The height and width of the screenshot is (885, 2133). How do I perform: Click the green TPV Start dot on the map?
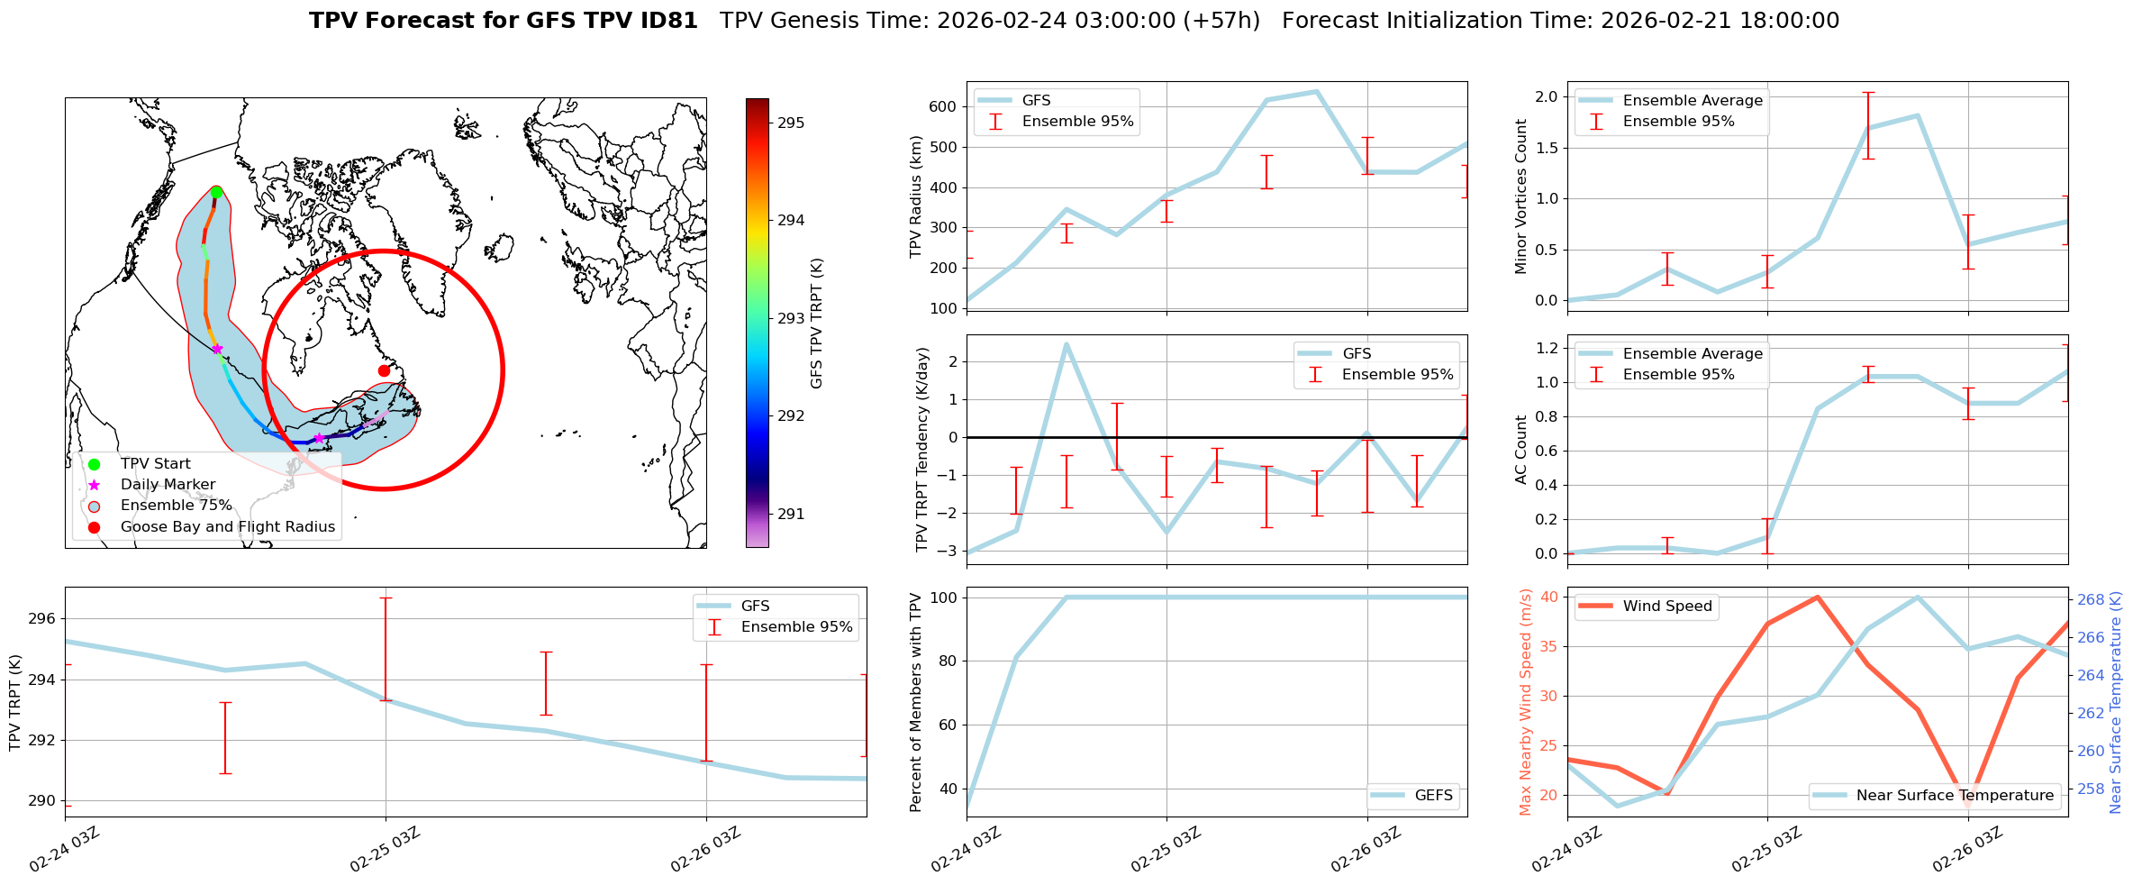tap(216, 192)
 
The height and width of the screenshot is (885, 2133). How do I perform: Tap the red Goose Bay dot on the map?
tap(384, 370)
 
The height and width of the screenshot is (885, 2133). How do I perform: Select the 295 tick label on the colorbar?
tap(791, 123)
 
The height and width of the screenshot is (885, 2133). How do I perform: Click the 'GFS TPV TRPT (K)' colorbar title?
tap(817, 323)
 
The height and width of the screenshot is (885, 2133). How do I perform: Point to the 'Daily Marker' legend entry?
tap(168, 485)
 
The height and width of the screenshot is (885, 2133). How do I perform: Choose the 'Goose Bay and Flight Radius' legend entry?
tap(227, 527)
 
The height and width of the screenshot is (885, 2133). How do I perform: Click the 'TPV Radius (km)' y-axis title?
tap(916, 196)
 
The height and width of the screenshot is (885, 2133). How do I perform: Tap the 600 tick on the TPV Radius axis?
tap(943, 106)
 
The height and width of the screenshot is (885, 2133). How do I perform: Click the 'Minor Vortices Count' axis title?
tap(1521, 196)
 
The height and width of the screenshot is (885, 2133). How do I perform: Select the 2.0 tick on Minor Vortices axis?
tap(1546, 96)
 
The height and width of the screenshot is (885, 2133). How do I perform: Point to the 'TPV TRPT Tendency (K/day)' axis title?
tap(921, 450)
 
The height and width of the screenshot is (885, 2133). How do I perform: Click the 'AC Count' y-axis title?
tap(1521, 450)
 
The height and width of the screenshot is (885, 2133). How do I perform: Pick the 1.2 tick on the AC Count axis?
tap(1546, 348)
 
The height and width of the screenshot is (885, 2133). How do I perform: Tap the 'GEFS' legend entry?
tap(1433, 796)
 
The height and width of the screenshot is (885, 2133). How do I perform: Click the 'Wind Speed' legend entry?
tap(1666, 607)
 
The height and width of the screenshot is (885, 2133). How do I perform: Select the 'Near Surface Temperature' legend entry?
tap(1955, 796)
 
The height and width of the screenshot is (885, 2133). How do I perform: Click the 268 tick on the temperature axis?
tap(2091, 599)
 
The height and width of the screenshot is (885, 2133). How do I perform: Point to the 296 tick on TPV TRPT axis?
tap(42, 618)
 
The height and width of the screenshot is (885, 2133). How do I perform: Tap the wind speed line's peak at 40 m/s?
tap(1818, 597)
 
